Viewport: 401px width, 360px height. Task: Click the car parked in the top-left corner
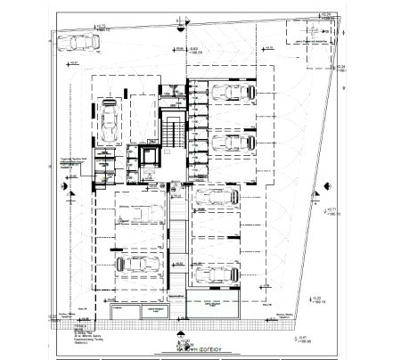pyautogui.click(x=81, y=42)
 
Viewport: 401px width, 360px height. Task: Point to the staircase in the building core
pyautogui.click(x=170, y=135)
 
